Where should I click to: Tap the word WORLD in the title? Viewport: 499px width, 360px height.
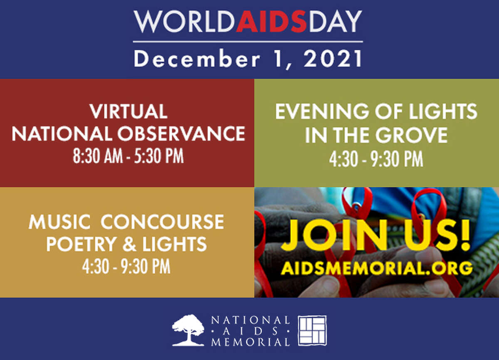tap(185, 21)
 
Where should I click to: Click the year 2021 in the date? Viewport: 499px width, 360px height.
tap(333, 58)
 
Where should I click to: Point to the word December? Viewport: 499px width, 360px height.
tap(197, 58)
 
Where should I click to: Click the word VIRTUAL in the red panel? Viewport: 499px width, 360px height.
tap(128, 111)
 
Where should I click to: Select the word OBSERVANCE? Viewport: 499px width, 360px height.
tap(181, 134)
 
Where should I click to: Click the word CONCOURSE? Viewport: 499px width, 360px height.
tap(163, 222)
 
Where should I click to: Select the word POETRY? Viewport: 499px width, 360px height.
tap(82, 244)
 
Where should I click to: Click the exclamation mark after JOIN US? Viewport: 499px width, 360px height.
tap(464, 236)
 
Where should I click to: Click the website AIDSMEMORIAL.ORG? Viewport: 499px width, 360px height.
tap(376, 268)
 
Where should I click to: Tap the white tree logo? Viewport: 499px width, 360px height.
tap(188, 330)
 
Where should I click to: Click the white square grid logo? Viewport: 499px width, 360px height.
tap(313, 330)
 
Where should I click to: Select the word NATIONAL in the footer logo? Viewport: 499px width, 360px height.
tap(250, 320)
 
